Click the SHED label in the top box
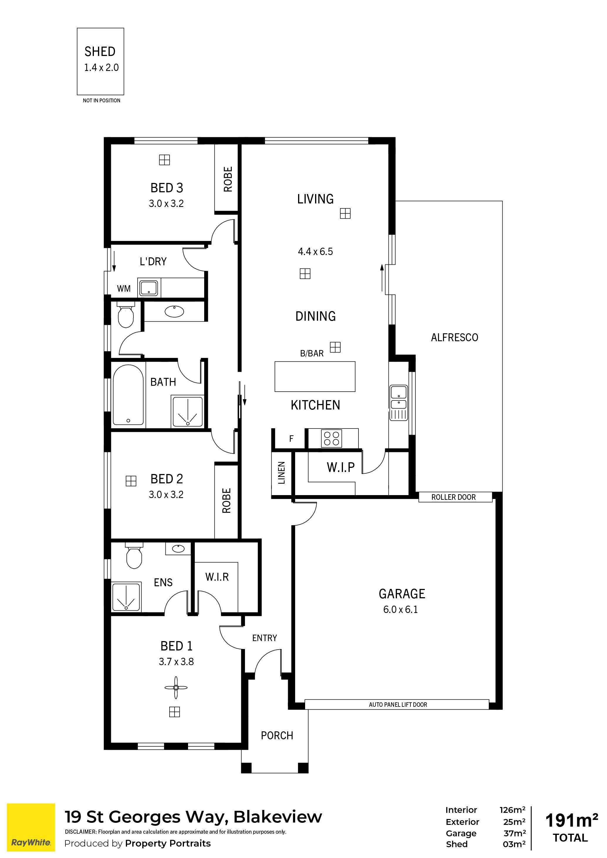(100, 52)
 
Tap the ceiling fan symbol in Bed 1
(176, 688)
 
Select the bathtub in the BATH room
(128, 395)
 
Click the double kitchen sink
(399, 397)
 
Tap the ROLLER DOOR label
(453, 497)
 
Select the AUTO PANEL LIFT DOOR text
(398, 705)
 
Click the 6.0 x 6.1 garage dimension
(400, 609)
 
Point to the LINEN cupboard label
(282, 473)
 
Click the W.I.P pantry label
(340, 467)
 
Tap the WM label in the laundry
(124, 288)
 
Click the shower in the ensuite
(126, 597)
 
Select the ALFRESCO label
(454, 337)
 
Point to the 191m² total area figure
(572, 821)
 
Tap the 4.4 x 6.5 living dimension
(315, 252)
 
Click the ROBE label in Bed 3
(228, 179)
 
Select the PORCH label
(277, 735)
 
